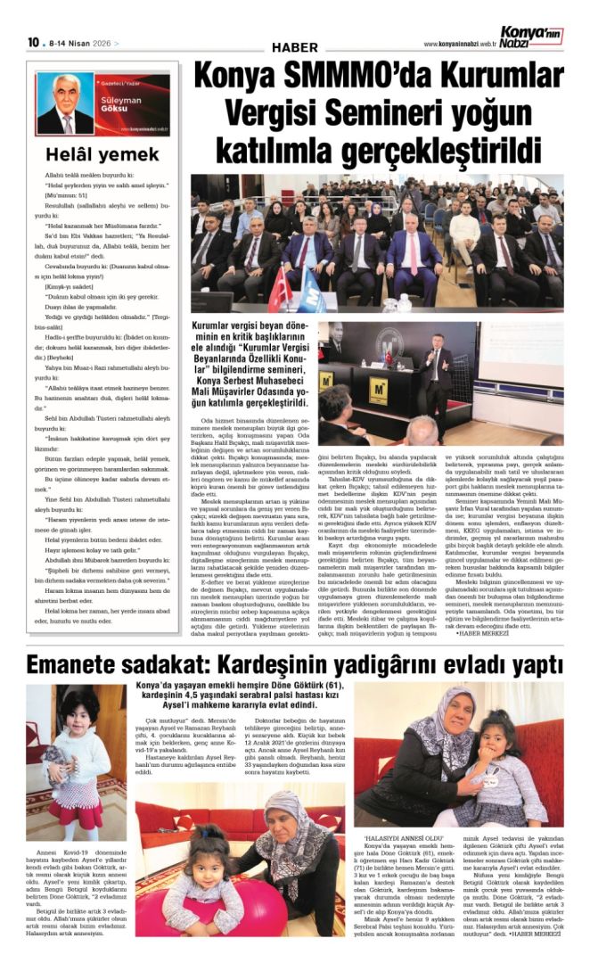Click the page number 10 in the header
pyautogui.click(x=33, y=42)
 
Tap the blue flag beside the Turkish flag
pyautogui.click(x=307, y=293)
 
